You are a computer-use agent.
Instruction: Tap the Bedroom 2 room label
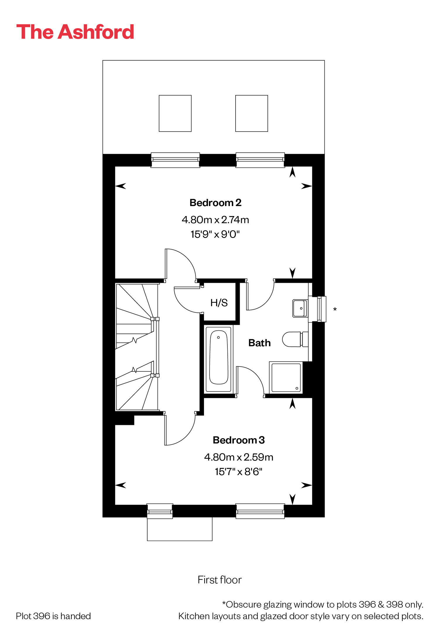point(215,203)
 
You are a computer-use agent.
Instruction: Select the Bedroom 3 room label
point(239,440)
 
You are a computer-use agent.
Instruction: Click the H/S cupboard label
point(219,303)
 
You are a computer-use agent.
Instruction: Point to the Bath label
point(259,343)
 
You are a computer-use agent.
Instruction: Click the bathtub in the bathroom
point(219,359)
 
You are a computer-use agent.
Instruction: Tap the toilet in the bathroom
point(295,339)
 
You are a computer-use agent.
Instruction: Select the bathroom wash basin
point(300,308)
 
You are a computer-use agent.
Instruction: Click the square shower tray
point(286,377)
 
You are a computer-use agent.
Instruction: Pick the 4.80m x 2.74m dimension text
point(215,220)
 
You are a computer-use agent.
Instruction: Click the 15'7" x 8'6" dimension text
point(239,472)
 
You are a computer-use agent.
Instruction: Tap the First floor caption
point(220,580)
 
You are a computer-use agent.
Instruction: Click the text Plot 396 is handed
point(53,616)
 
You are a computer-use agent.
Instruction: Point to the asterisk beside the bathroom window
point(335,309)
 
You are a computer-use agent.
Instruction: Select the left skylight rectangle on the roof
point(175,113)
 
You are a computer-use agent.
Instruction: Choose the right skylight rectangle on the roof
point(252,113)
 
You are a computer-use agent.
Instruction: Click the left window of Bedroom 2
point(175,160)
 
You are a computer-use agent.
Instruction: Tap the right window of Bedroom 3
point(260,511)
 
